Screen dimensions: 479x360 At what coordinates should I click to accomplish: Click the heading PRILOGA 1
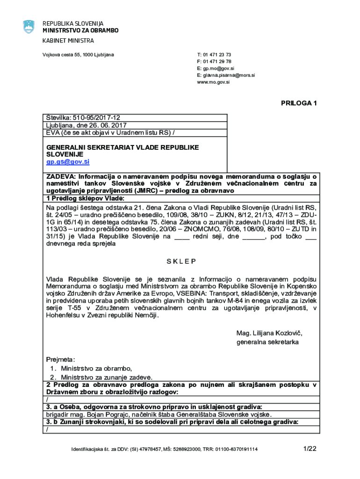pyautogui.click(x=299, y=103)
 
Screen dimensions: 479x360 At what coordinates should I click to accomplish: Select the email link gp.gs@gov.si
pyautogui.click(x=67, y=162)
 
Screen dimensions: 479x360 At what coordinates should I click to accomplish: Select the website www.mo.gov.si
pyautogui.click(x=213, y=82)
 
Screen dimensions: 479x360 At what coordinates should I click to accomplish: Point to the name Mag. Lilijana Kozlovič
pyautogui.click(x=269, y=333)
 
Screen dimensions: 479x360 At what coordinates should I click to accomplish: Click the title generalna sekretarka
pyautogui.click(x=267, y=342)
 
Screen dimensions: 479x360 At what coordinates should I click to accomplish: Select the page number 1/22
pyautogui.click(x=310, y=449)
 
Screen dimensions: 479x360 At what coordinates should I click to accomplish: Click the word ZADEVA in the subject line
pyautogui.click(x=61, y=177)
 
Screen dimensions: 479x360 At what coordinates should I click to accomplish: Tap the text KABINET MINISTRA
pyautogui.click(x=68, y=41)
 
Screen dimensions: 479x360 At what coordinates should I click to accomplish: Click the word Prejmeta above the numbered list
pyautogui.click(x=60, y=359)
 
